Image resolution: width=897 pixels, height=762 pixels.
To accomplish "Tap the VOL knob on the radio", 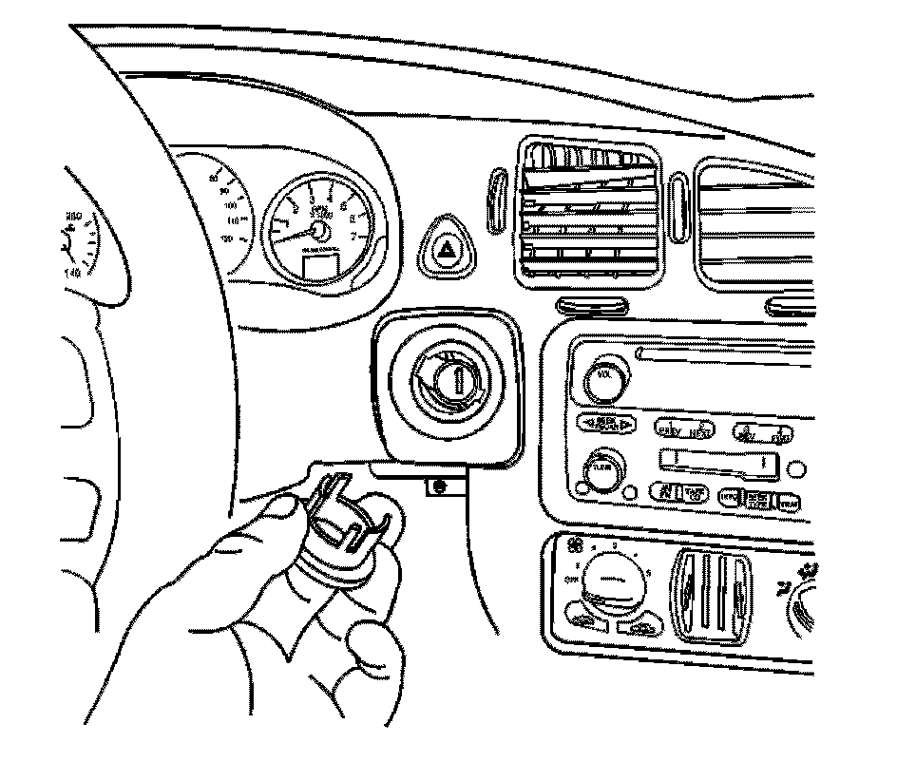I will pyautogui.click(x=602, y=376).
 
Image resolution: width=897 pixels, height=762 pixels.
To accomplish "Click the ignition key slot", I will pyautogui.click(x=459, y=380).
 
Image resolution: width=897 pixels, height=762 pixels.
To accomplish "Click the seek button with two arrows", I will pyautogui.click(x=609, y=423).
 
